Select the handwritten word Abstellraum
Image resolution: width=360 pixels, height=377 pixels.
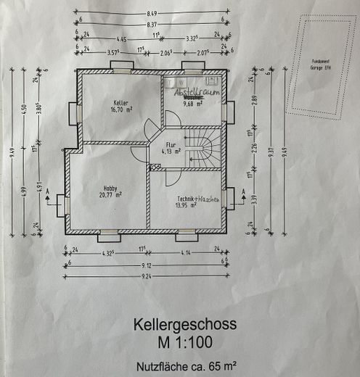coord(190,94)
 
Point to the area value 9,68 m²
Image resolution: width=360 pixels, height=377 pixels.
coord(192,104)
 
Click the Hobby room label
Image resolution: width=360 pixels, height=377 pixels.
coord(110,188)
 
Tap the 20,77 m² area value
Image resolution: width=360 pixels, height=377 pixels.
coord(110,194)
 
